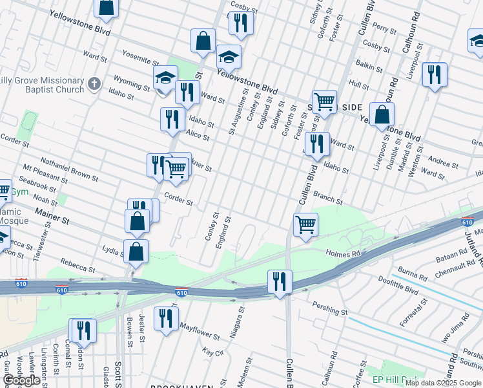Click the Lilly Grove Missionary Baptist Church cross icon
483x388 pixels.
[x=94, y=83]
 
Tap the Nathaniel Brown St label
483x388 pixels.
[x=69, y=167]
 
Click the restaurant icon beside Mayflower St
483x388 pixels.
[x=166, y=318]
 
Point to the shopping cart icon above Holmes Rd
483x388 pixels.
[x=305, y=225]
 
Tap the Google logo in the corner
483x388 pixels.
[x=21, y=380]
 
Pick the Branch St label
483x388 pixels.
[x=328, y=194]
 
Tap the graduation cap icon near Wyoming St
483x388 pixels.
[x=165, y=79]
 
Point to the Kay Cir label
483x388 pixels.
[x=212, y=352]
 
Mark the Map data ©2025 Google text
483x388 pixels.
[x=443, y=382]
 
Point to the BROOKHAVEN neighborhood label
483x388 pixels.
[x=182, y=386]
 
